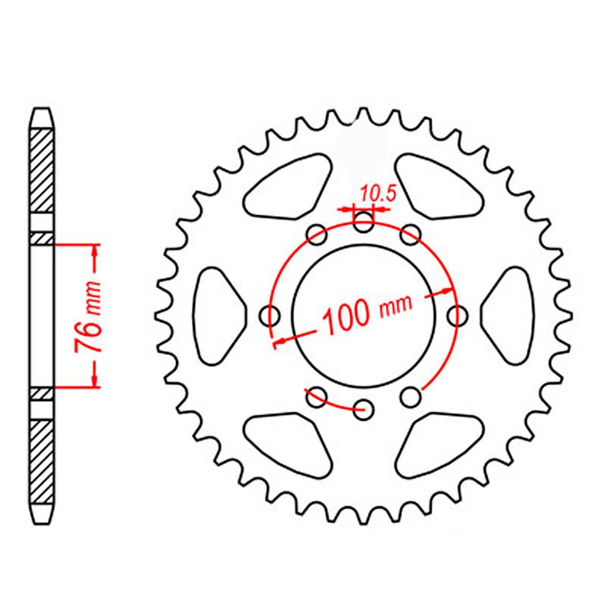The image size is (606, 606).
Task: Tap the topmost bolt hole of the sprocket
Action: coord(363,222)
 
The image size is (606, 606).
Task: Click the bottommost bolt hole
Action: coord(364,409)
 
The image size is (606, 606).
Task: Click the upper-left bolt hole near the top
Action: coord(317,235)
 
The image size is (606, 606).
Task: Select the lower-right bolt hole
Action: coord(411,397)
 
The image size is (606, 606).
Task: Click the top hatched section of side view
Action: coord(41,170)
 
